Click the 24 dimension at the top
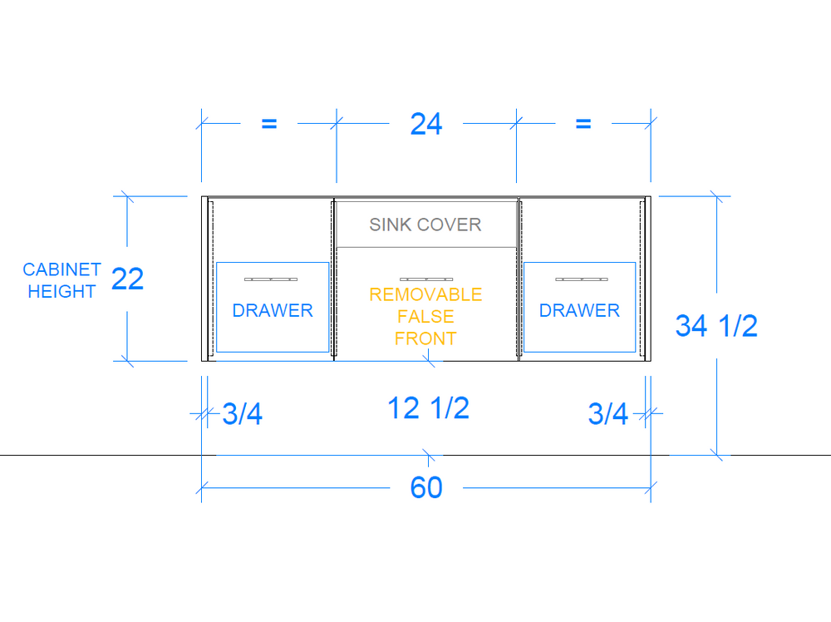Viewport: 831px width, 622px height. pyautogui.click(x=426, y=124)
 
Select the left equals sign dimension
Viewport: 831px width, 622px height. pyautogui.click(x=269, y=124)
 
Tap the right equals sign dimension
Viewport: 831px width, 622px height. pyautogui.click(x=583, y=124)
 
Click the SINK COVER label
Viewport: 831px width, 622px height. pyautogui.click(x=425, y=225)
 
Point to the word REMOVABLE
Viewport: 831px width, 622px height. pyautogui.click(x=425, y=294)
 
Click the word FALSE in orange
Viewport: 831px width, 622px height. pyautogui.click(x=425, y=317)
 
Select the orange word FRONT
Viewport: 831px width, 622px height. pyautogui.click(x=425, y=338)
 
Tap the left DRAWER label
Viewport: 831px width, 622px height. pyautogui.click(x=273, y=310)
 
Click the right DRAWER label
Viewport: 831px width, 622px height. pyautogui.click(x=579, y=310)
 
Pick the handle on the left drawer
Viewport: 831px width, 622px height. pyautogui.click(x=271, y=279)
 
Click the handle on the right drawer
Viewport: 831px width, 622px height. pyautogui.click(x=582, y=279)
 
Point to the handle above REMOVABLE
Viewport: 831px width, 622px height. pyautogui.click(x=426, y=279)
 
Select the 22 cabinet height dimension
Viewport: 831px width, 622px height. pyautogui.click(x=127, y=279)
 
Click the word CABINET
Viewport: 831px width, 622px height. pyautogui.click(x=61, y=269)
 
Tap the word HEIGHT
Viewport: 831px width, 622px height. pyautogui.click(x=61, y=291)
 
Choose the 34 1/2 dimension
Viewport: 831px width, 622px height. pyautogui.click(x=716, y=326)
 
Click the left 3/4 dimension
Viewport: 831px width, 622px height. pyautogui.click(x=242, y=413)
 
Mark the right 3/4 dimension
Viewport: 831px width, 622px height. pyautogui.click(x=608, y=413)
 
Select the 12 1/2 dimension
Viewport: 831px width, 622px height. pyautogui.click(x=428, y=407)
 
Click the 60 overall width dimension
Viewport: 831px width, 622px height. pyautogui.click(x=426, y=487)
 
